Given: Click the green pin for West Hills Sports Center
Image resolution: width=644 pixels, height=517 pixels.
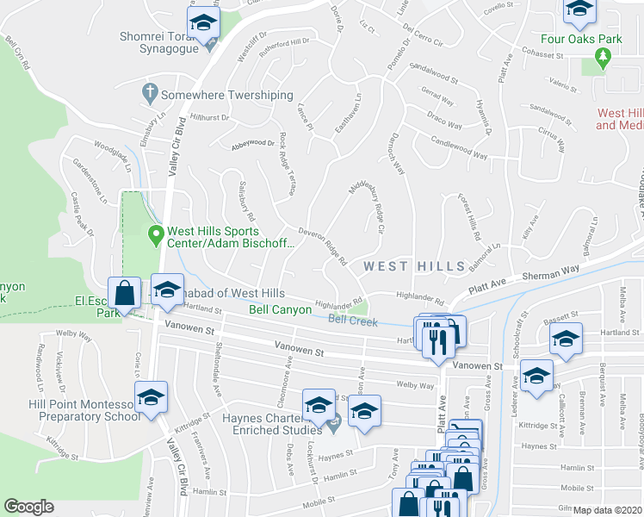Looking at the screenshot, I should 156,234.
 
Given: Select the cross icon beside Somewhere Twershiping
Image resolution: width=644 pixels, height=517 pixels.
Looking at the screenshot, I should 149,91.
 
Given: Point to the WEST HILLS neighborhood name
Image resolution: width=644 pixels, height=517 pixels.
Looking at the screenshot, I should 414,266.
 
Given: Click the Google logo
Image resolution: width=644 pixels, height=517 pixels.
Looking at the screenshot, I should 29,507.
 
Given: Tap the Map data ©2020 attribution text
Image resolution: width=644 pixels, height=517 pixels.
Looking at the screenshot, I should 608,510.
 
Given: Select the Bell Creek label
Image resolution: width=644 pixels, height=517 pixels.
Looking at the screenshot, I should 353,321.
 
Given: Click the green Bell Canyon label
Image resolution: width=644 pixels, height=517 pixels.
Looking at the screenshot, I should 280,308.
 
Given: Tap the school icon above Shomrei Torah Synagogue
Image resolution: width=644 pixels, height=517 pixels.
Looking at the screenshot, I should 203,22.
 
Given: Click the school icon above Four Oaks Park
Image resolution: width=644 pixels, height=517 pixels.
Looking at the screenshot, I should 580,9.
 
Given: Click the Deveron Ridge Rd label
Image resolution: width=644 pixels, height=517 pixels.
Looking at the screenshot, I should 322,246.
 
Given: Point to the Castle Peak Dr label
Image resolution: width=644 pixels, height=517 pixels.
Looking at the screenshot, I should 83,214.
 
